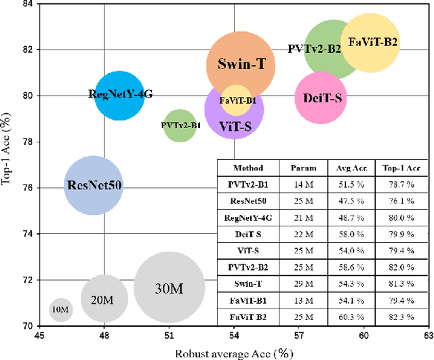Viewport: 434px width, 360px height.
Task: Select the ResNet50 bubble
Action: click(94, 185)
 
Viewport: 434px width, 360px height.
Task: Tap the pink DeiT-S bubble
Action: click(321, 98)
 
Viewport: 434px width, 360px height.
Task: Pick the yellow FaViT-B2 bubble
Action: click(372, 43)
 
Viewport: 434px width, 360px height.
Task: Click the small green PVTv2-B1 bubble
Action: click(180, 125)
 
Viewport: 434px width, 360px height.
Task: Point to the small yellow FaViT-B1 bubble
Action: click(237, 100)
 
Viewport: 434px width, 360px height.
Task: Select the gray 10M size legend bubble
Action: click(60, 310)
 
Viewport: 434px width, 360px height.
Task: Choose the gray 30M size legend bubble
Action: click(169, 287)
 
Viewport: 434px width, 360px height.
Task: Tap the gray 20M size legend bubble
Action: click(104, 298)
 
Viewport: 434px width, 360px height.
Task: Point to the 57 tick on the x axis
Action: click(299, 336)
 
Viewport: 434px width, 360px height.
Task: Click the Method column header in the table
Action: click(248, 167)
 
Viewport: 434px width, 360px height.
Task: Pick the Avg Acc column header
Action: click(351, 167)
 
